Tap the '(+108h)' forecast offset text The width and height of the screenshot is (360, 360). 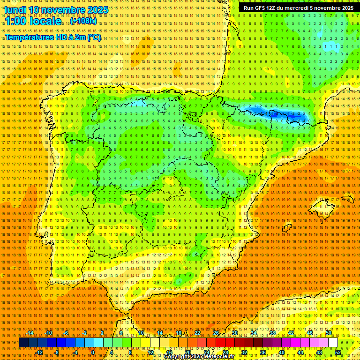click(x=84, y=21)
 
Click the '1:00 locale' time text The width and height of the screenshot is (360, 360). click(x=33, y=21)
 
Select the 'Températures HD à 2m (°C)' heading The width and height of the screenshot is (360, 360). click(x=53, y=37)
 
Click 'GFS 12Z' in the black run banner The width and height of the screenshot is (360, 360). click(x=268, y=8)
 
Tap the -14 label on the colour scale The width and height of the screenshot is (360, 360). click(x=30, y=333)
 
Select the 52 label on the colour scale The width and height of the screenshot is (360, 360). click(x=338, y=352)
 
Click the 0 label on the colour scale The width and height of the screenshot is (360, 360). click(x=93, y=352)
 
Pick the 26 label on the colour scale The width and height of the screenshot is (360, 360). click(x=216, y=333)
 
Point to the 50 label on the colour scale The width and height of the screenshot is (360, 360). click(x=329, y=333)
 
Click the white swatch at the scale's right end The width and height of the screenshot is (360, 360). click(x=333, y=343)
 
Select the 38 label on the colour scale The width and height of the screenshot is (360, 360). click(x=272, y=333)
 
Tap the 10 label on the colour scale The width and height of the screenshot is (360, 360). click(x=141, y=333)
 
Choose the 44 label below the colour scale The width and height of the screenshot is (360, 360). click(x=300, y=352)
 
